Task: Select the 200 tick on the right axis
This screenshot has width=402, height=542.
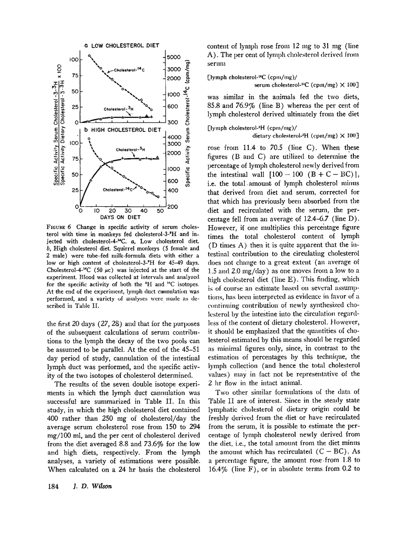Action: coord(173,207)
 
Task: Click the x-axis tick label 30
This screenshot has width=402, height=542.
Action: coord(128,211)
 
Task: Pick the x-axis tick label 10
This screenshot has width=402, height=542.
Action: coord(97,211)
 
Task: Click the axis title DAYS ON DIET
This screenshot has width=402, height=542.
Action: coord(120,218)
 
